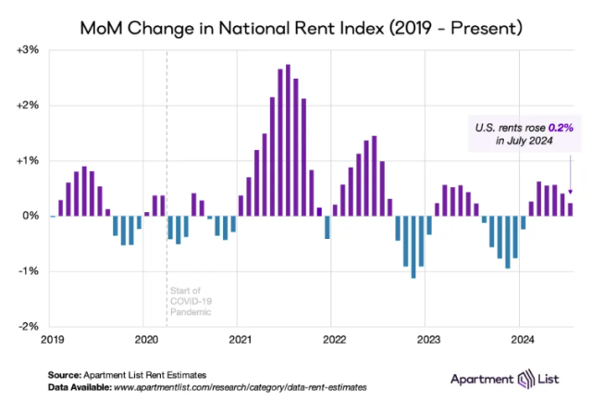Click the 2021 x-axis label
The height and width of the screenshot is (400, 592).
pos(240,339)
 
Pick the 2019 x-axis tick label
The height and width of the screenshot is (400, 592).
pos(53,339)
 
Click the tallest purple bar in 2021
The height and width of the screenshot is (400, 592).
pos(288,140)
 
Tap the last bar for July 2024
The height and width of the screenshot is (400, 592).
pos(570,209)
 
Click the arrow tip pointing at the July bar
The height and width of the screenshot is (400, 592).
pos(570,197)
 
